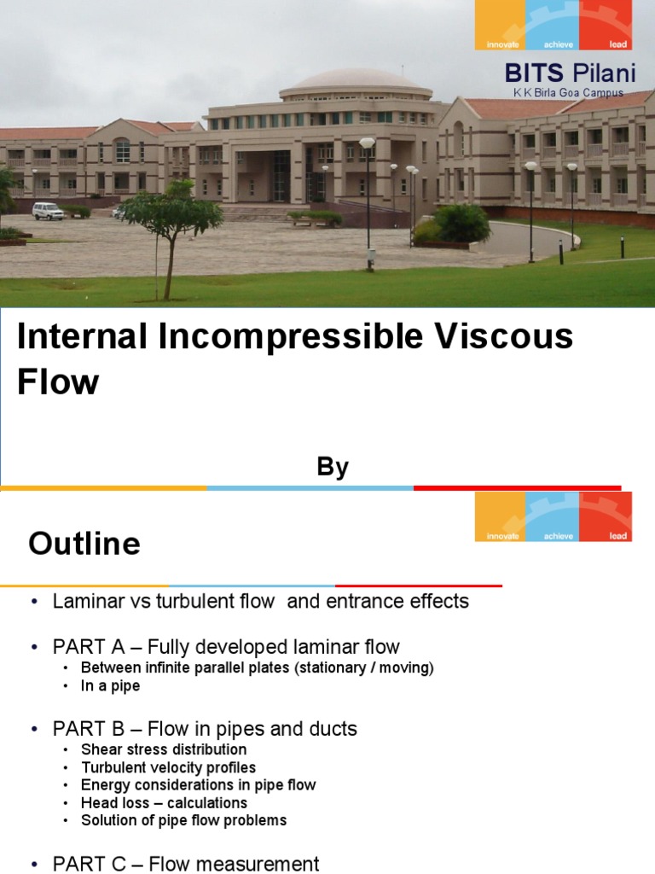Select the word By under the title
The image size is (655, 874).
coord(333,467)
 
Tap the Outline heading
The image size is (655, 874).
coord(84,544)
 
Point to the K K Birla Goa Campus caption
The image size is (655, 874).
coord(568,93)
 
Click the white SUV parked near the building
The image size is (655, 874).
coord(48,211)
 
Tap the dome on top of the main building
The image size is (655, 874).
coord(356,81)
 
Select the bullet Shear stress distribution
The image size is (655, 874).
coord(164,749)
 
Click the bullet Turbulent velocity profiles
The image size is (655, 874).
coord(168,767)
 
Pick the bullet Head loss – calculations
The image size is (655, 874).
coord(164,802)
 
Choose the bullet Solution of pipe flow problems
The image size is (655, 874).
coord(183,820)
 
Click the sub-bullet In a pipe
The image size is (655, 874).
coord(110,685)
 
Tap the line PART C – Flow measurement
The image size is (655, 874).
coord(186,864)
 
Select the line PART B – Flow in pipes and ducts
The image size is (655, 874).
coord(205,729)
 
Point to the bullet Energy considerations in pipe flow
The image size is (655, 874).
coord(198,784)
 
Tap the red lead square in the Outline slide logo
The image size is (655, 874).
coord(606,516)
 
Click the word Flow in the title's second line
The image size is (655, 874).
coord(58,382)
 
